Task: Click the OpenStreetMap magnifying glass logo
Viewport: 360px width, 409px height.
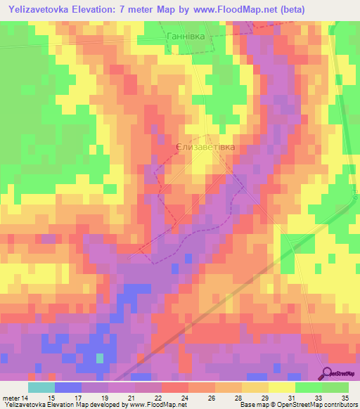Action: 328,374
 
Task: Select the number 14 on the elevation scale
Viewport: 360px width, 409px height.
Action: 25,397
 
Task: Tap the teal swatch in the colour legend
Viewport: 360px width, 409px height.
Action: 41,387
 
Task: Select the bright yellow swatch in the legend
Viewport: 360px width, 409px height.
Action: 282,387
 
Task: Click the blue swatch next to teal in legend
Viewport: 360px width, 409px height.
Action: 68,387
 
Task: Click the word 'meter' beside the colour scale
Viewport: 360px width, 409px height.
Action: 9,397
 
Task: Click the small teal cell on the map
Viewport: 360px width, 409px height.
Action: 99,358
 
